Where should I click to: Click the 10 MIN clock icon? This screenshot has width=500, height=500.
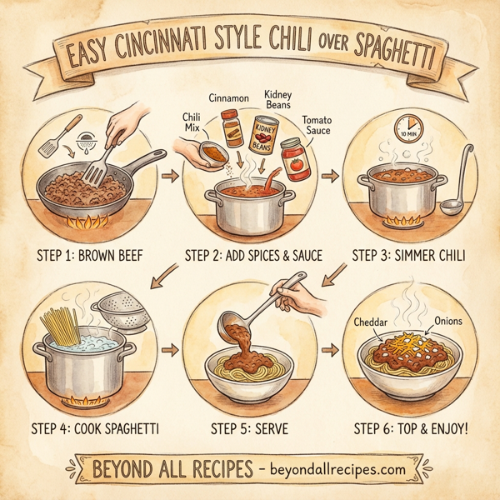pos(409,129)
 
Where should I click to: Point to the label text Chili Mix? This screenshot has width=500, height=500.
pos(192,122)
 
